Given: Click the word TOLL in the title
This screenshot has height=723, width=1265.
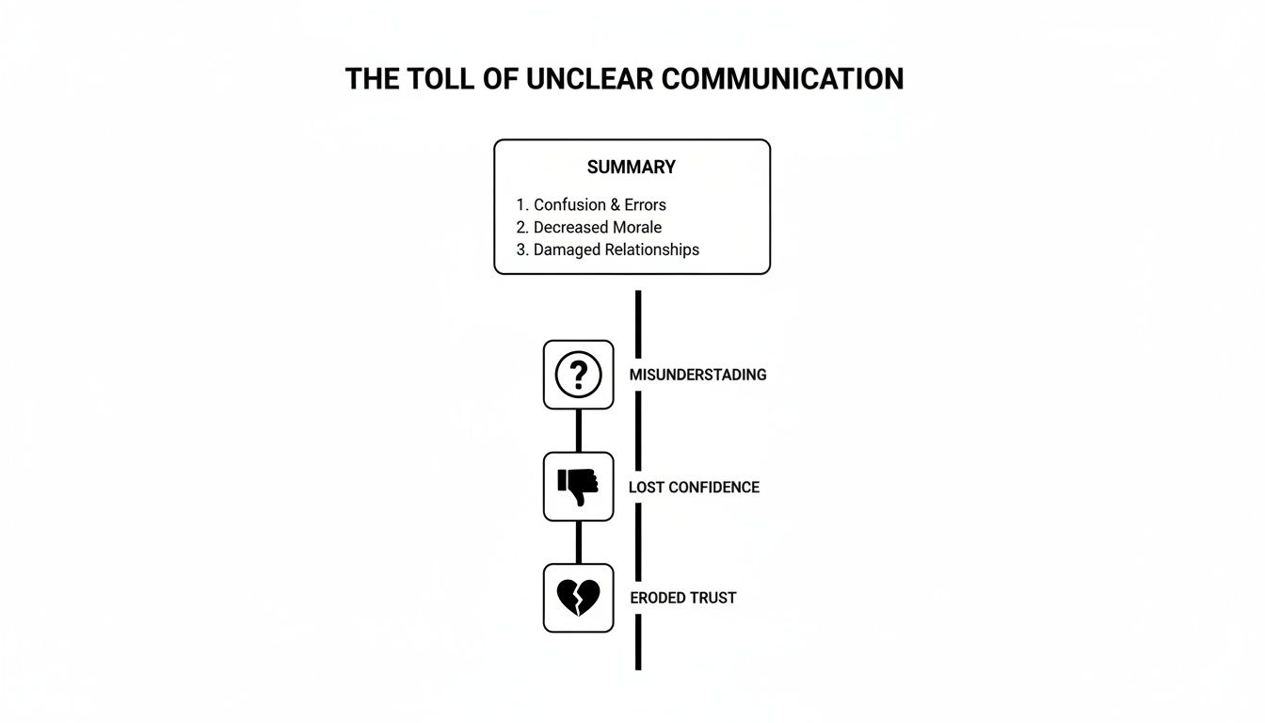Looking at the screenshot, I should pyautogui.click(x=440, y=79).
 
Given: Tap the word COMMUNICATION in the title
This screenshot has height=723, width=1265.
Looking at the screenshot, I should pyautogui.click(x=782, y=79).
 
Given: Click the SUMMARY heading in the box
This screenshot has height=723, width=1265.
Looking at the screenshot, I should pyautogui.click(x=632, y=168).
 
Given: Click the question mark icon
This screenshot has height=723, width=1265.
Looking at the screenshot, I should pyautogui.click(x=578, y=375).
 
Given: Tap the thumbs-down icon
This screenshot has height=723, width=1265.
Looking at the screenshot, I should pyautogui.click(x=578, y=487).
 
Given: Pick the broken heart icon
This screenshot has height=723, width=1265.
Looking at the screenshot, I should pyautogui.click(x=578, y=598).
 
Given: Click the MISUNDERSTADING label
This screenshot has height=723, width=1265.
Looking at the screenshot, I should pyautogui.click(x=697, y=375).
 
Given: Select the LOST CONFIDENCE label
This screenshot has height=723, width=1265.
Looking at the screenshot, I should pyautogui.click(x=694, y=488).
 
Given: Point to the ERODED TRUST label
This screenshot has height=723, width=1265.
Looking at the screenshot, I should pyautogui.click(x=683, y=598).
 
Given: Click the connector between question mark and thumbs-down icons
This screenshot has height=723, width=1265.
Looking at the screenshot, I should pyautogui.click(x=578, y=430).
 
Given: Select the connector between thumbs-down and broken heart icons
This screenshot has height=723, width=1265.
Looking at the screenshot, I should pyautogui.click(x=578, y=542).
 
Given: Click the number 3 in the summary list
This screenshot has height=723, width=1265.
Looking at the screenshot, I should pyautogui.click(x=520, y=250).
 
